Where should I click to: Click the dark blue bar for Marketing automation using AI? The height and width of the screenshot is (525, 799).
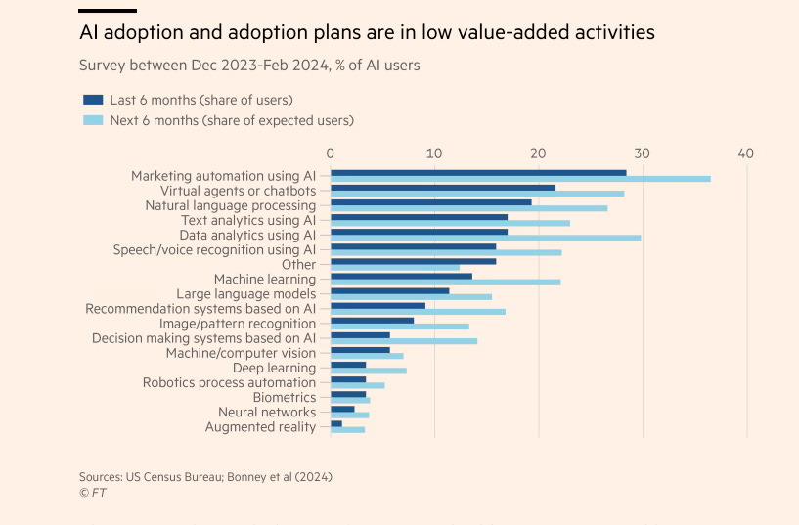click(x=478, y=172)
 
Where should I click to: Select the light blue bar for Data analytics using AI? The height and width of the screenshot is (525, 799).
click(x=486, y=238)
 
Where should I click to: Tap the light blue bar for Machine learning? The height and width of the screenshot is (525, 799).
click(x=445, y=282)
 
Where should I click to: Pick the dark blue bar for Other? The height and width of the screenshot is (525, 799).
click(x=413, y=261)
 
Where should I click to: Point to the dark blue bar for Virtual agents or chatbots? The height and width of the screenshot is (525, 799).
click(x=443, y=187)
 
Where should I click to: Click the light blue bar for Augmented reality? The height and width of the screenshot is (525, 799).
click(x=347, y=429)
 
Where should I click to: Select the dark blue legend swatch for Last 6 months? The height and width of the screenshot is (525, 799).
click(x=94, y=100)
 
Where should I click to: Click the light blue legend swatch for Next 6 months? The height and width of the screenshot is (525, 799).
click(x=94, y=120)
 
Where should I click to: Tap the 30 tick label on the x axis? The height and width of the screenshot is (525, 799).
click(x=642, y=153)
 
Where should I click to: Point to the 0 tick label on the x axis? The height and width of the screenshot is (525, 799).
click(x=331, y=153)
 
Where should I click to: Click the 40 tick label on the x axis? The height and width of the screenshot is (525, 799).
click(x=746, y=153)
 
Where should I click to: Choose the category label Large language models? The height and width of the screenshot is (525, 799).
click(x=245, y=293)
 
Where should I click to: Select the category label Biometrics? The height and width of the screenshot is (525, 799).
click(x=284, y=397)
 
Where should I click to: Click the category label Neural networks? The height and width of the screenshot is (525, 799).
click(x=267, y=412)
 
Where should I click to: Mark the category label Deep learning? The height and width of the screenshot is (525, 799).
click(x=274, y=368)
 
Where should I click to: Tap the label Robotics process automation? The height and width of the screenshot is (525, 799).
click(x=229, y=382)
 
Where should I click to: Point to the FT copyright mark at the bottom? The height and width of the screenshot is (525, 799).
click(x=93, y=492)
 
